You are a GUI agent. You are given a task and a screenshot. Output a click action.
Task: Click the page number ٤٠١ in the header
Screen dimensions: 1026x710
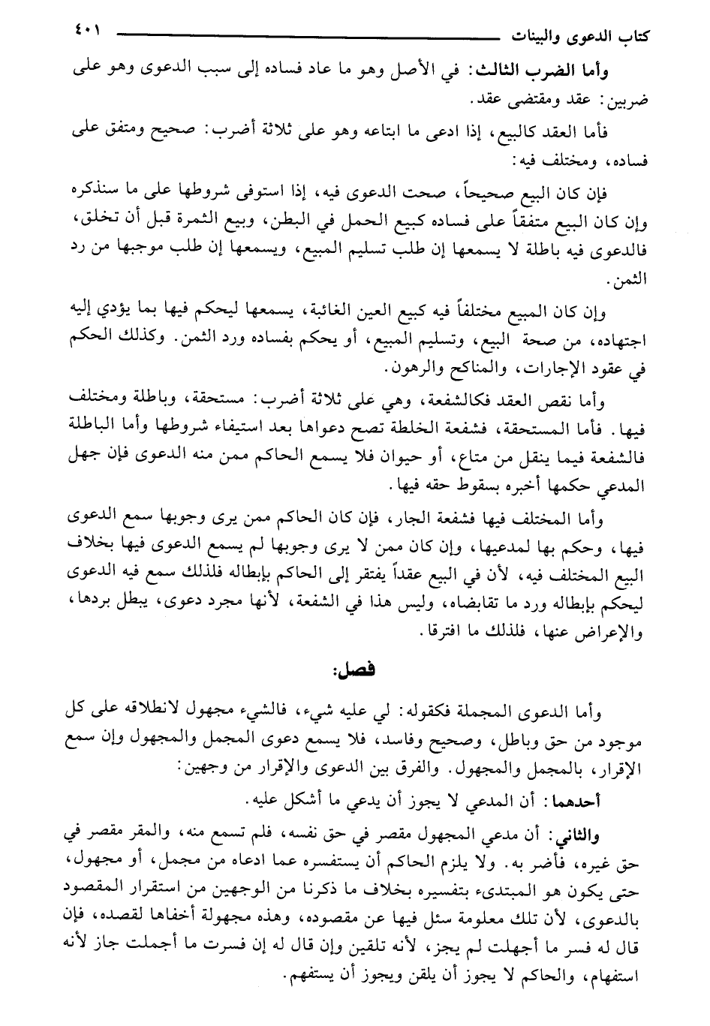[x=83, y=32]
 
